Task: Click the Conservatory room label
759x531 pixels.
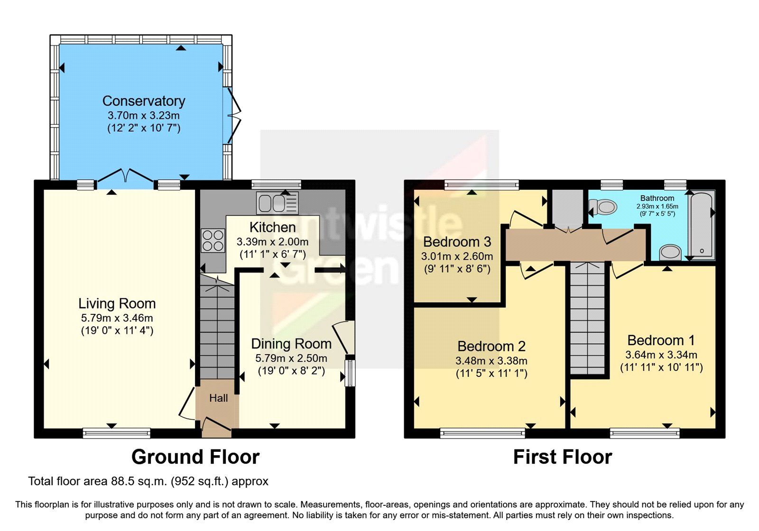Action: [x=143, y=101]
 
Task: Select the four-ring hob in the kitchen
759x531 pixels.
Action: [x=213, y=240]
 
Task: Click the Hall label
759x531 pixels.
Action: [x=218, y=398]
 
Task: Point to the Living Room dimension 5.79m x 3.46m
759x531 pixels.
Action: [x=117, y=318]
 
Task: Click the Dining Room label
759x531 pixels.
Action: [x=291, y=344]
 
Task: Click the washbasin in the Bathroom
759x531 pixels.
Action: [x=670, y=252]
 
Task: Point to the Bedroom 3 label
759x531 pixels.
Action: [x=456, y=242]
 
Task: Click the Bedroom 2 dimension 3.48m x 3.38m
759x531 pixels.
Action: [x=491, y=361]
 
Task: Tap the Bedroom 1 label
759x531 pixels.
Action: [x=661, y=340]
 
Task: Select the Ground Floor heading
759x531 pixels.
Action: [x=195, y=457]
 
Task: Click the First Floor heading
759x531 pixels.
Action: [x=562, y=457]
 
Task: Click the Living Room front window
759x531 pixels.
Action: [x=116, y=432]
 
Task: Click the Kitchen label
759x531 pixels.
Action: [x=272, y=227]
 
